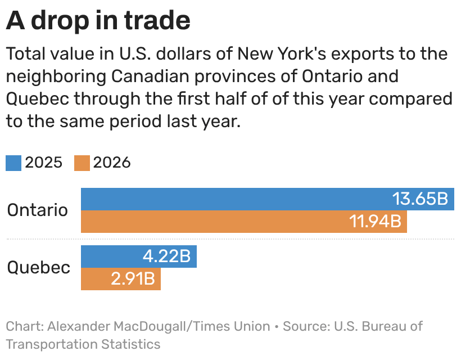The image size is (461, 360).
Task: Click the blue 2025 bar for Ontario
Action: coord(268,199)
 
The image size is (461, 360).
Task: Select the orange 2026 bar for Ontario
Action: coord(244,222)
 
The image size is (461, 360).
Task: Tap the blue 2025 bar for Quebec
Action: coord(139,256)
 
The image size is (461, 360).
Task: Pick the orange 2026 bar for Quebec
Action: coord(121,279)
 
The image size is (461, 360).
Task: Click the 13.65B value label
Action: coord(421,199)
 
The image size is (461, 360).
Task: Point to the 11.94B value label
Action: coord(376,221)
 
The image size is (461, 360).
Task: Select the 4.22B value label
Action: coord(167,256)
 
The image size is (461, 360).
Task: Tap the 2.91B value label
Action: coord(133,278)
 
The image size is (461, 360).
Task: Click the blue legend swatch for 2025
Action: coord(13,163)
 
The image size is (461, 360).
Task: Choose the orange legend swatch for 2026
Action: coord(82,163)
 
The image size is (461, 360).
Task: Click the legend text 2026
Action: coord(112,163)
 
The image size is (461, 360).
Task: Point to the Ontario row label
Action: coord(38,210)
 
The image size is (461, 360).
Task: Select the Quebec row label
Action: coord(39,268)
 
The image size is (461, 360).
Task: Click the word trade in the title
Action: coord(157,21)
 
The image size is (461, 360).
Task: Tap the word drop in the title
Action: coord(60,21)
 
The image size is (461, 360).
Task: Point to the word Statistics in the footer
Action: coord(131,344)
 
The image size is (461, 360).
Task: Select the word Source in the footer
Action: coord(306,326)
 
